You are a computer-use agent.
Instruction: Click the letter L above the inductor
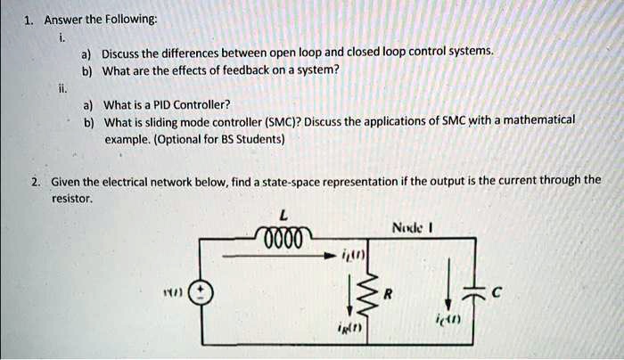pos(283,213)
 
